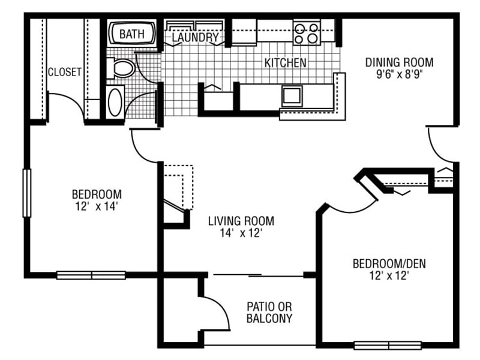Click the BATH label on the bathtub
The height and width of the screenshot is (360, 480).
coord(132,34)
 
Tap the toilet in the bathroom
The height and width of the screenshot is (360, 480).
coord(123,68)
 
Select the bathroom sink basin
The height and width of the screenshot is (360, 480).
coord(115,101)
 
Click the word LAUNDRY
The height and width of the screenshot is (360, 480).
coord(195,38)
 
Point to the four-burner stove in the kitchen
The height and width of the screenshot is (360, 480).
coord(307,32)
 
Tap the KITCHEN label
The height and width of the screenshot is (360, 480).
coord(286,62)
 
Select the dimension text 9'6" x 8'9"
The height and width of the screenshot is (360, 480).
coord(400,77)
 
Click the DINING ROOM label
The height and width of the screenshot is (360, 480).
coord(400,62)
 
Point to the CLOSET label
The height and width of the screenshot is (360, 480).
coord(64,72)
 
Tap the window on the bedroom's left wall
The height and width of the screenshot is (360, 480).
coord(26,193)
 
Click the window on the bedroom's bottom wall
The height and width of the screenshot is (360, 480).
coord(91,275)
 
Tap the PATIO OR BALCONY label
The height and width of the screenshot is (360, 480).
coord(269,312)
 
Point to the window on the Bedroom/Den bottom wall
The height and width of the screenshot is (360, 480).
coord(379,345)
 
